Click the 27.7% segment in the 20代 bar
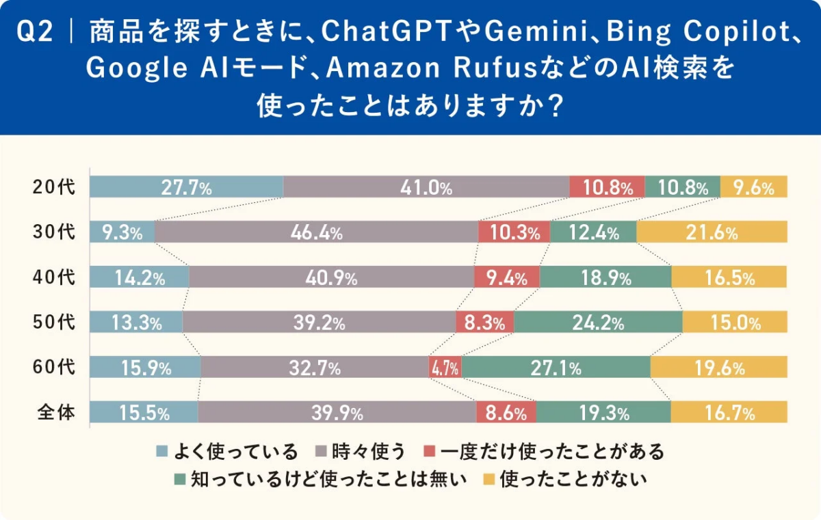click(186, 187)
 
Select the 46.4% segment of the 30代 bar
click(316, 232)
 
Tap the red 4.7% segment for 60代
click(445, 368)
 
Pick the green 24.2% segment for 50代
click(598, 323)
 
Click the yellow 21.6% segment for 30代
click(712, 232)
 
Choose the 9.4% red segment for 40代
click(506, 277)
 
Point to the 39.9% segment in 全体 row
click(337, 412)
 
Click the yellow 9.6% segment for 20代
click(753, 187)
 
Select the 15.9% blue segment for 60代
click(145, 368)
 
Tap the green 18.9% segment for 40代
click(605, 277)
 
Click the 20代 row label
click(54, 187)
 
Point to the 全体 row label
click(54, 412)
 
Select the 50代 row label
click(54, 323)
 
